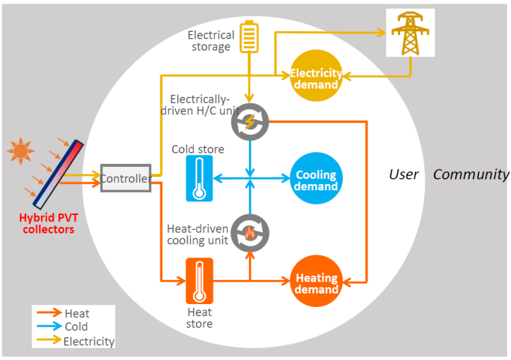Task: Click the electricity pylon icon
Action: click(x=410, y=33)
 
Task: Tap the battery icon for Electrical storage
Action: click(x=249, y=37)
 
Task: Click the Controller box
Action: click(x=124, y=179)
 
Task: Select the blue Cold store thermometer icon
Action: click(x=199, y=178)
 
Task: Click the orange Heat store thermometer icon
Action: click(x=199, y=281)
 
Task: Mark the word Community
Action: click(x=471, y=174)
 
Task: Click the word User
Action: click(x=404, y=174)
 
